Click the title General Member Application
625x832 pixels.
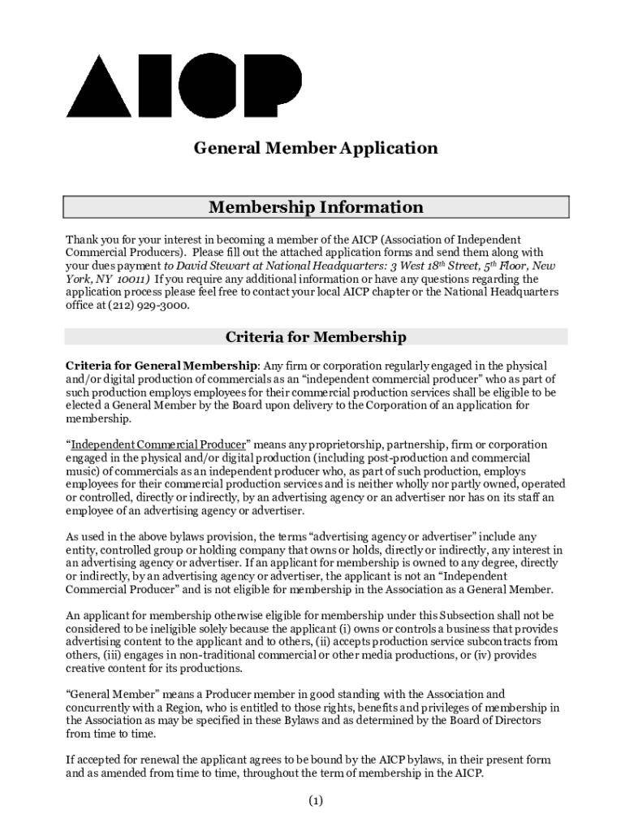click(315, 149)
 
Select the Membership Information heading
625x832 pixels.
click(316, 207)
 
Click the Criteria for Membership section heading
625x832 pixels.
click(316, 337)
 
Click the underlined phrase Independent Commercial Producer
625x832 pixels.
click(157, 445)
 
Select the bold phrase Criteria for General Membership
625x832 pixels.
click(161, 366)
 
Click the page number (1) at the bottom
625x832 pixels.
click(316, 802)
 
